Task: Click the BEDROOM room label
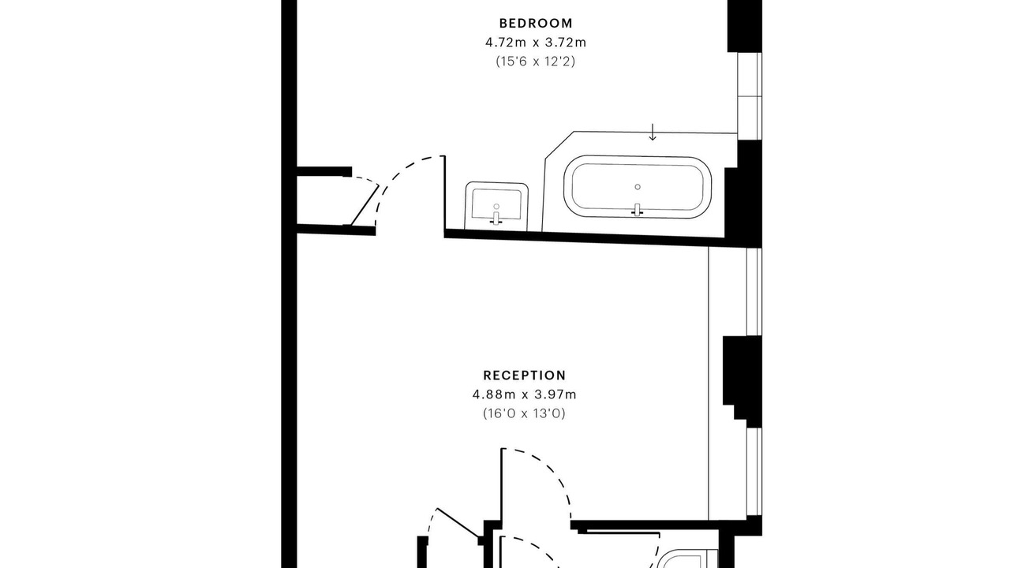click(x=536, y=23)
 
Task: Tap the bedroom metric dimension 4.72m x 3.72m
click(x=536, y=43)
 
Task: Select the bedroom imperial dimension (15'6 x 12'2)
click(x=536, y=61)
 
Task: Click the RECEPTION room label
click(x=525, y=376)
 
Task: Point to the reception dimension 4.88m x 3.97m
click(x=525, y=394)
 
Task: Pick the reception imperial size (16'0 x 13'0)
click(x=525, y=413)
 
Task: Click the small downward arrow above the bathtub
click(x=652, y=132)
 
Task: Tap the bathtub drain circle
click(x=638, y=187)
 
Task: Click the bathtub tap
click(x=637, y=210)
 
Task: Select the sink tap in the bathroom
click(x=496, y=218)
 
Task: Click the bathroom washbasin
click(x=496, y=206)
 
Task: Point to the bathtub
click(x=638, y=187)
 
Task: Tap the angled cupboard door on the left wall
click(x=365, y=205)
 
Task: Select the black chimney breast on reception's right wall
click(x=743, y=381)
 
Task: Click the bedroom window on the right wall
click(x=750, y=96)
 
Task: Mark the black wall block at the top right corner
click(x=744, y=26)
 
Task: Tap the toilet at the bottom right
click(x=686, y=559)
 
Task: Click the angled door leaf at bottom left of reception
click(x=458, y=522)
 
